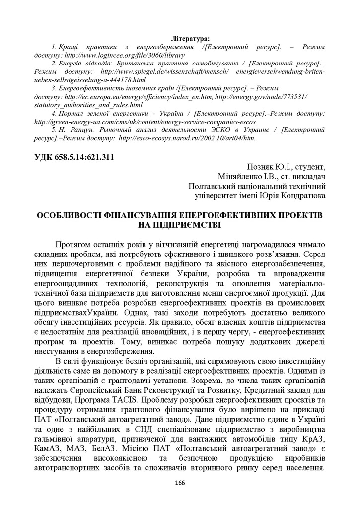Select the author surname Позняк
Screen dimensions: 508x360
point(262,167)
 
